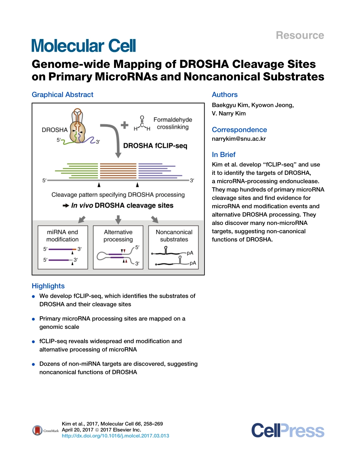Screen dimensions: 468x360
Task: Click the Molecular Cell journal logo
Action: pyautogui.click(x=83, y=46)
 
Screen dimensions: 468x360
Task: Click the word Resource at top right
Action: pyautogui.click(x=299, y=35)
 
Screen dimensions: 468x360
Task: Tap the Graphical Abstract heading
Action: pyautogui.click(x=63, y=95)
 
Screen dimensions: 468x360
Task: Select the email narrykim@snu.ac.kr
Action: pyautogui.click(x=239, y=139)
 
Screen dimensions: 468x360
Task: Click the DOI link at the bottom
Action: pyautogui.click(x=115, y=436)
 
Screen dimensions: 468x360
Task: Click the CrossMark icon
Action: pyautogui.click(x=38, y=430)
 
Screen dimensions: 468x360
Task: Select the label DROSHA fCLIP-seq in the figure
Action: pyautogui.click(x=155, y=145)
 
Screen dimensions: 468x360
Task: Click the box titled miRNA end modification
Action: pyautogui.click(x=63, y=247)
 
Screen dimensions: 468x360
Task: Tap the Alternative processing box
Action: pyautogui.click(x=118, y=247)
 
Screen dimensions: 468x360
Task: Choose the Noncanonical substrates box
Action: pyautogui.click(x=174, y=247)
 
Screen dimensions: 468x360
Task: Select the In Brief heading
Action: pyautogui.click(x=224, y=155)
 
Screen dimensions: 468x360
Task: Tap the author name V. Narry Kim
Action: pyautogui.click(x=229, y=113)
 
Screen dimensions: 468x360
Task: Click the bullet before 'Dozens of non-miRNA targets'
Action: pyautogui.click(x=34, y=364)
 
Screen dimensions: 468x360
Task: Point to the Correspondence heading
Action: pyautogui.click(x=239, y=130)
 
